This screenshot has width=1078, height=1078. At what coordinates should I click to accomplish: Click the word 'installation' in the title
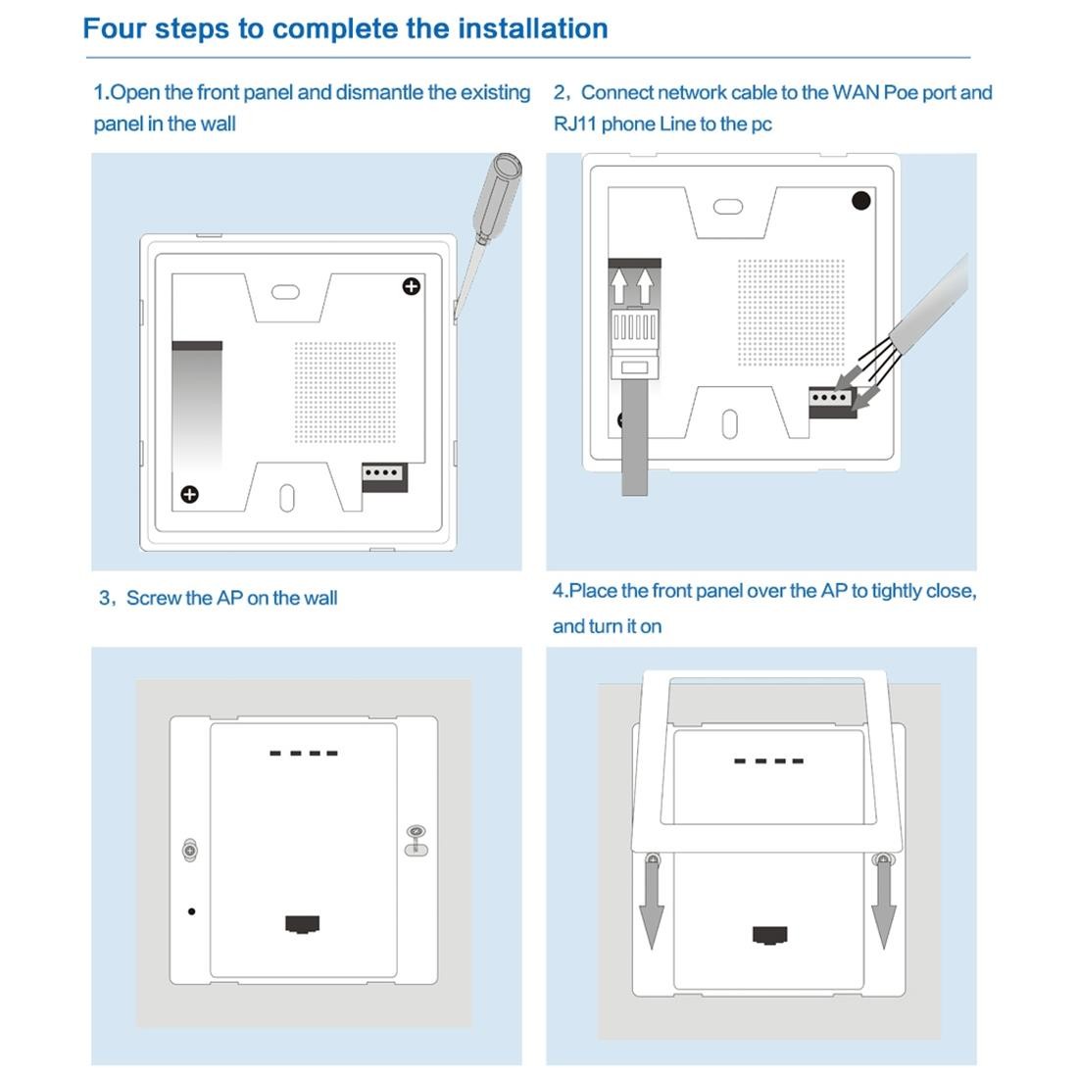pyautogui.click(x=533, y=28)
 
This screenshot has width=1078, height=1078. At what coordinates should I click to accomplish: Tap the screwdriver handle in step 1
pyautogui.click(x=497, y=196)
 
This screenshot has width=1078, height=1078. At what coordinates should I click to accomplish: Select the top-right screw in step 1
pyautogui.click(x=412, y=286)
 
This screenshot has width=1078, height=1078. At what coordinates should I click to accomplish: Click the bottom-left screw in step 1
pyautogui.click(x=190, y=494)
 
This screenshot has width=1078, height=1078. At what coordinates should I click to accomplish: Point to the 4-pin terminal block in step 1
pyautogui.click(x=384, y=477)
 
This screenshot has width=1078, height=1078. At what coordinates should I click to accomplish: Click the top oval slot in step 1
pyautogui.click(x=285, y=292)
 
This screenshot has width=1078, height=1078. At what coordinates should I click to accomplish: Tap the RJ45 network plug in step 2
pyautogui.click(x=635, y=342)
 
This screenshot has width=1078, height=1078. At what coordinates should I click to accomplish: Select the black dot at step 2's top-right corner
pyautogui.click(x=860, y=201)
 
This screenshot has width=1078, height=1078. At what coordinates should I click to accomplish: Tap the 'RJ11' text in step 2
pyautogui.click(x=574, y=123)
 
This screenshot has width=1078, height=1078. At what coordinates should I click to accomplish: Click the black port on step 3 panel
pyautogui.click(x=303, y=923)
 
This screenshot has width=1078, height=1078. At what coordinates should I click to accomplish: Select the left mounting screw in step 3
pyautogui.click(x=190, y=851)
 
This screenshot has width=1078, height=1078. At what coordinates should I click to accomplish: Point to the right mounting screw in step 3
pyautogui.click(x=416, y=840)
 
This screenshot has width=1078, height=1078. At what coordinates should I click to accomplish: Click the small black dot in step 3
pyautogui.click(x=192, y=911)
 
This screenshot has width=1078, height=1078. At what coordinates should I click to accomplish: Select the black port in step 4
pyautogui.click(x=770, y=935)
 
